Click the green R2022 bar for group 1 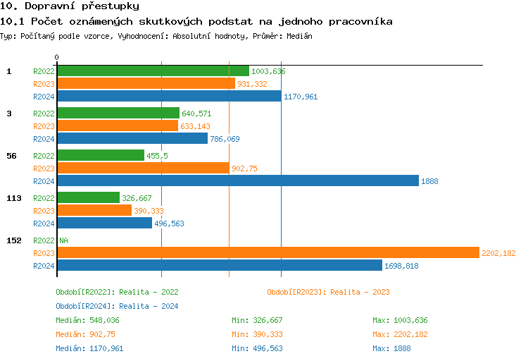point(153,71)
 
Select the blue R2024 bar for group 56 point(237,181)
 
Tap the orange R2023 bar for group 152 point(267,253)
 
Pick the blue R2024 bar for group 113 point(104,224)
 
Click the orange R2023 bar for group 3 point(117,126)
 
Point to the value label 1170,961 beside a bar point(301,97)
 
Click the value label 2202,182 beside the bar point(498,253)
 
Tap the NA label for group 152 point(63,240)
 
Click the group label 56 point(11,156)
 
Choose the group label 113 point(13,198)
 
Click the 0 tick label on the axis point(57,57)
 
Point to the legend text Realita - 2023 point(360,292)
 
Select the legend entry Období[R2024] point(84,306)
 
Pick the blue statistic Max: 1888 point(391,348)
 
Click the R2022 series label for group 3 point(44,114)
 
